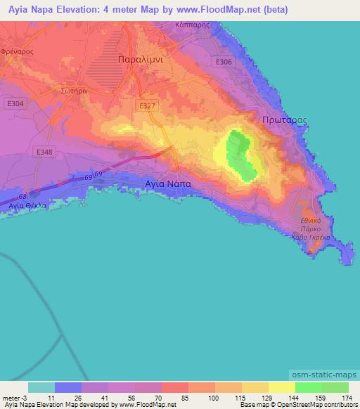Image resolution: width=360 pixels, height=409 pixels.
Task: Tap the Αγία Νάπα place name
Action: [x=167, y=181]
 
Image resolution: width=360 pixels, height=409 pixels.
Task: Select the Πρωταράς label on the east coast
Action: [x=285, y=120]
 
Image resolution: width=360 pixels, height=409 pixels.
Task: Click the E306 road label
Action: [x=224, y=63]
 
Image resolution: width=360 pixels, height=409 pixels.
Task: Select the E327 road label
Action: [x=146, y=105]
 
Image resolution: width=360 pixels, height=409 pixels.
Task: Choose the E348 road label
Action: [x=45, y=152]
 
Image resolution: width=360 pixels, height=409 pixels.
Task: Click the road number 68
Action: [x=25, y=197]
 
